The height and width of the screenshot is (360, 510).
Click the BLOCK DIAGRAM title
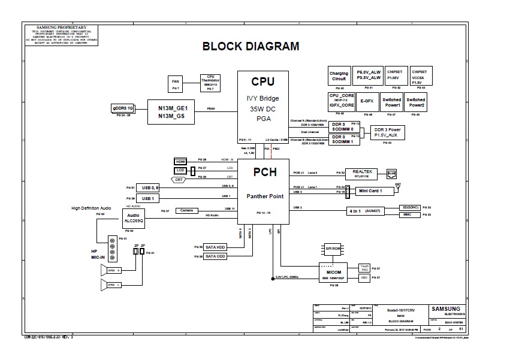point(251,46)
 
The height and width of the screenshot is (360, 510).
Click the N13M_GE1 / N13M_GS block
point(173,111)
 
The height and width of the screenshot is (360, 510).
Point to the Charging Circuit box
point(339,76)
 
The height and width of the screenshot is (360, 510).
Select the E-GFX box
point(367,101)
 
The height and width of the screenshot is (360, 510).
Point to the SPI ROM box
point(333,247)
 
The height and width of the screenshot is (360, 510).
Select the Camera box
point(187,210)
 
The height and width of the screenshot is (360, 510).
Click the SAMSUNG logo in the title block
point(446,309)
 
